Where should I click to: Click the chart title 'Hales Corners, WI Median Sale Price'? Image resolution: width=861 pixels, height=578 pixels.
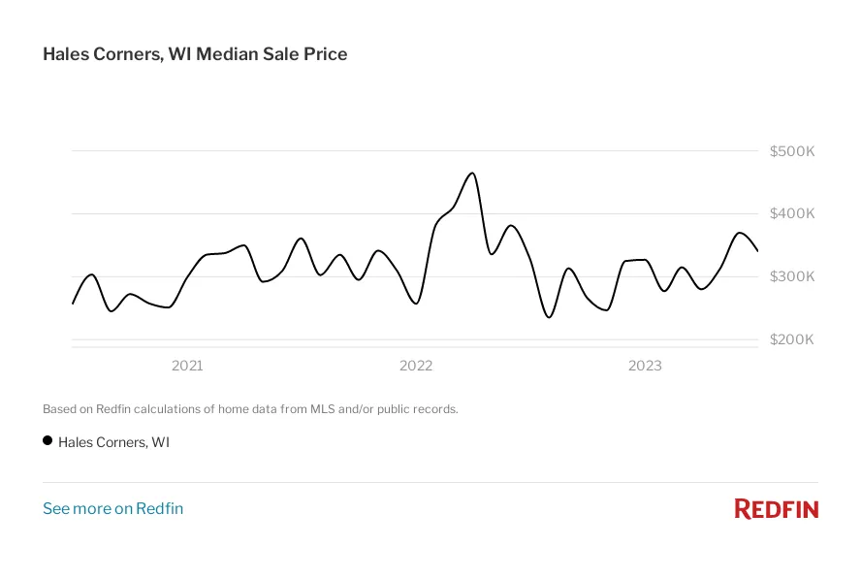pyautogui.click(x=195, y=54)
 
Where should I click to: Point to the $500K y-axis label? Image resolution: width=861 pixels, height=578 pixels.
pyautogui.click(x=791, y=151)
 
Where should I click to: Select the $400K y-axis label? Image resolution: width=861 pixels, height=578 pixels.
pyautogui.click(x=791, y=213)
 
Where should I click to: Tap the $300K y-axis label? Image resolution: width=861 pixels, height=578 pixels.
pyautogui.click(x=791, y=276)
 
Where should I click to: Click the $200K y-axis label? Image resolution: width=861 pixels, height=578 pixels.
pyautogui.click(x=791, y=339)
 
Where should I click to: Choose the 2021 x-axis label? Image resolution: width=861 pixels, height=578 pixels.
pyautogui.click(x=187, y=366)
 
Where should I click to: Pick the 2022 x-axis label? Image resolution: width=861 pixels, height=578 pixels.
pyautogui.click(x=416, y=366)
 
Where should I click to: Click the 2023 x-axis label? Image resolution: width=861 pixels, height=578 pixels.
pyautogui.click(x=645, y=366)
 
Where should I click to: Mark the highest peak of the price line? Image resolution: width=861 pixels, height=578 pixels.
pyautogui.click(x=472, y=174)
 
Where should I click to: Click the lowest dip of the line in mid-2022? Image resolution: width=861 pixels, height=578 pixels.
pyautogui.click(x=549, y=317)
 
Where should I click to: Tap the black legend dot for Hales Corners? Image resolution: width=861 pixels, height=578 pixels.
pyautogui.click(x=48, y=440)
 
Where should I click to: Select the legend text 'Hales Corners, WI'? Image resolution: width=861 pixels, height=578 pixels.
pyautogui.click(x=113, y=442)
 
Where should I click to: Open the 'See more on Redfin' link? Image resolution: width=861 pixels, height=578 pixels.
pyautogui.click(x=112, y=508)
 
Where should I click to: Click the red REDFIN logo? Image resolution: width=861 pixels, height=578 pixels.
pyautogui.click(x=776, y=508)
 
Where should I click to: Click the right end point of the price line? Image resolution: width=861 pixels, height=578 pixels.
pyautogui.click(x=757, y=250)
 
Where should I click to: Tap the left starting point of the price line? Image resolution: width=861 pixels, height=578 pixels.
pyautogui.click(x=73, y=304)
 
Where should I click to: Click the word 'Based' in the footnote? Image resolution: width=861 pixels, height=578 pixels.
pyautogui.click(x=59, y=409)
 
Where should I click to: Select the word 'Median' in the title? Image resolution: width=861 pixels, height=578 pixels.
pyautogui.click(x=226, y=54)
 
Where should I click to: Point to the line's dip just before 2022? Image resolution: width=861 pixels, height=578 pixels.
pyautogui.click(x=416, y=304)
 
